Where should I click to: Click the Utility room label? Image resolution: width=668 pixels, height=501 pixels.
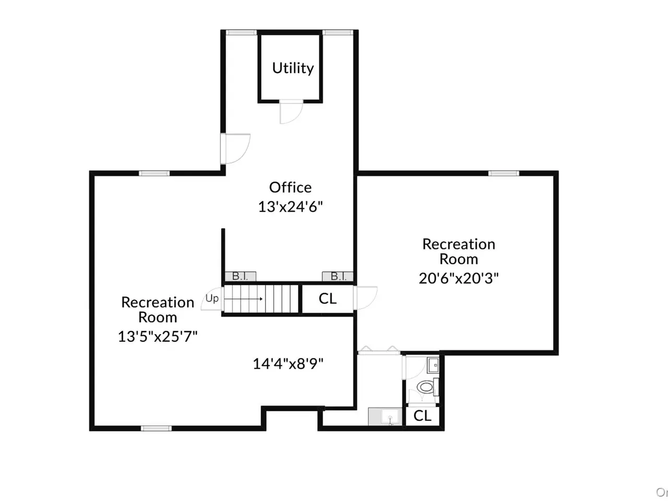(x=293, y=68)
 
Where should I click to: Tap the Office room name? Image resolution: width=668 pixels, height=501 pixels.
(x=290, y=187)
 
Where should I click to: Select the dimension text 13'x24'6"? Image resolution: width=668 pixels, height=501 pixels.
(x=290, y=207)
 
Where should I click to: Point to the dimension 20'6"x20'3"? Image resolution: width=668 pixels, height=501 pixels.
(x=459, y=278)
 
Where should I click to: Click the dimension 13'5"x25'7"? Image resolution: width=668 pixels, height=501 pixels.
(x=158, y=337)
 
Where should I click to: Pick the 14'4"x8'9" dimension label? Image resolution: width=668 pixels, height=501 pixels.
(x=288, y=364)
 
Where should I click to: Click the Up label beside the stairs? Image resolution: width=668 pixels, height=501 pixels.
(x=212, y=299)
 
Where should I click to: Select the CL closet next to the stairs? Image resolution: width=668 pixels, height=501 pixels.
(x=327, y=299)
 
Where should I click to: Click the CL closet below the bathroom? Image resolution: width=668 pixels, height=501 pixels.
(x=422, y=415)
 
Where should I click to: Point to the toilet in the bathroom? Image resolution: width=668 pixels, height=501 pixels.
(x=427, y=387)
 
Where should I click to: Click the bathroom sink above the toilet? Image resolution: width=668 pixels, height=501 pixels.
(x=433, y=365)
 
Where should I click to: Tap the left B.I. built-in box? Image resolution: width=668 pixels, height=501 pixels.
(x=241, y=276)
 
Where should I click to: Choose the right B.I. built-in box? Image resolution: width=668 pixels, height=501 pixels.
(x=338, y=276)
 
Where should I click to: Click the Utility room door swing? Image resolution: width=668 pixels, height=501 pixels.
(x=291, y=112)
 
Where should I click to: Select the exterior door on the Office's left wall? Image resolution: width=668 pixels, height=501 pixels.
(x=235, y=149)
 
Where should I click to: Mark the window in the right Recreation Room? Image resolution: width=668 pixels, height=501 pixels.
(x=504, y=173)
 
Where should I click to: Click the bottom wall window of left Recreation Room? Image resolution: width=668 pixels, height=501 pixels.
(x=156, y=428)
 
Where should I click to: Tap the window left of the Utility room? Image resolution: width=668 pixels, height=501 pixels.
(x=241, y=32)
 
